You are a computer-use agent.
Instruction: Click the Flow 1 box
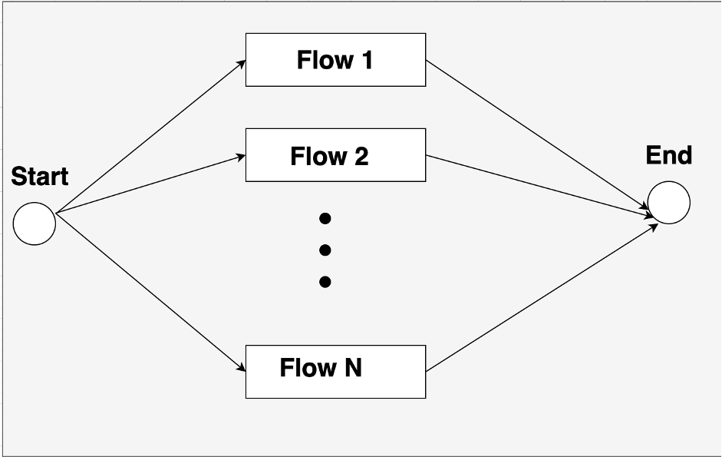tap(335, 60)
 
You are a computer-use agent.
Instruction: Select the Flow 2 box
tap(335, 155)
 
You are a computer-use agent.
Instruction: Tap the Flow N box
tap(335, 372)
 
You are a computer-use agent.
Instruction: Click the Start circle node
tap(35, 224)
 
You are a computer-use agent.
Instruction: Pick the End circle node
tap(668, 203)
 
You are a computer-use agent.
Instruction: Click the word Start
tap(40, 177)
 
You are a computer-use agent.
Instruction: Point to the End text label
tap(668, 156)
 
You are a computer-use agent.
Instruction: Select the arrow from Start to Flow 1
tap(151, 136)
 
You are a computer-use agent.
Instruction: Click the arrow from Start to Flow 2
tap(151, 184)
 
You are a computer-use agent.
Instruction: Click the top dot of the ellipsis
tap(325, 219)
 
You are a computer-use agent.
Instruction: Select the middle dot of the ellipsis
tap(325, 250)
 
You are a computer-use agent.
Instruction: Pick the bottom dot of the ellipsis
tap(325, 282)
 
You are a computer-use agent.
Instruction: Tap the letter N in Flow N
tap(352, 368)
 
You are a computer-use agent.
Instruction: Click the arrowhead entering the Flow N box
tap(241, 368)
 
